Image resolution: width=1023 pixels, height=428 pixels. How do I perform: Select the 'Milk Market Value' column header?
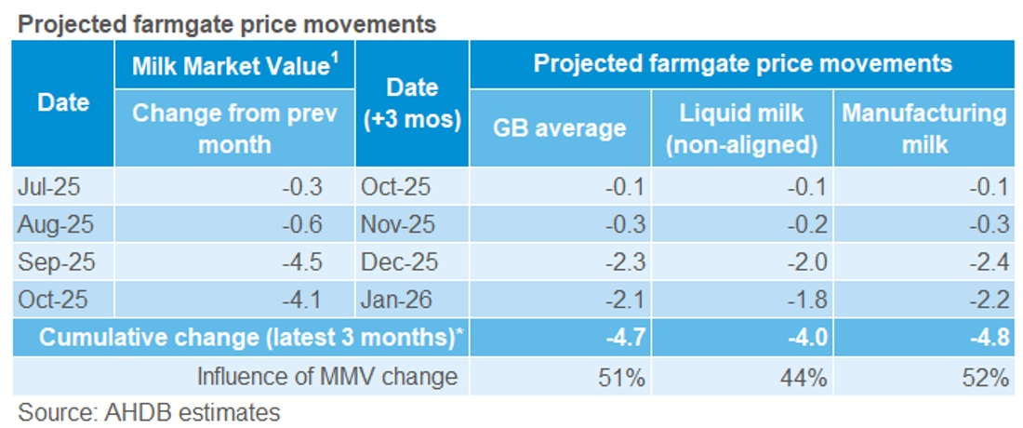click(233, 67)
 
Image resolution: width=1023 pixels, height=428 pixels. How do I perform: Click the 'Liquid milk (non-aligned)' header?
click(742, 128)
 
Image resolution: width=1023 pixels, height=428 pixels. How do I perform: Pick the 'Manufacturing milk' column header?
click(923, 128)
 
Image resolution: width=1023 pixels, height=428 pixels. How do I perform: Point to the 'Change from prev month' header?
click(233, 128)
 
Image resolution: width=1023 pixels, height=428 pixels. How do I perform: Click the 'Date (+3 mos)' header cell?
click(412, 103)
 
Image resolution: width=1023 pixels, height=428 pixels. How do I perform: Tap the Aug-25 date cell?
click(53, 224)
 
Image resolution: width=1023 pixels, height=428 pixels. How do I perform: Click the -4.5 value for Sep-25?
click(302, 262)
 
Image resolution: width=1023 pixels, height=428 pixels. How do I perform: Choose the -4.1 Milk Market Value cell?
click(302, 301)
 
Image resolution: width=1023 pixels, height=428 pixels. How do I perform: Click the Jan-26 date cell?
click(395, 301)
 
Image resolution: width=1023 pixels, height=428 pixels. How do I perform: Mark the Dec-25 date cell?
click(396, 262)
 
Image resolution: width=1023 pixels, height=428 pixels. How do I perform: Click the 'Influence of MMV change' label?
click(326, 376)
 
